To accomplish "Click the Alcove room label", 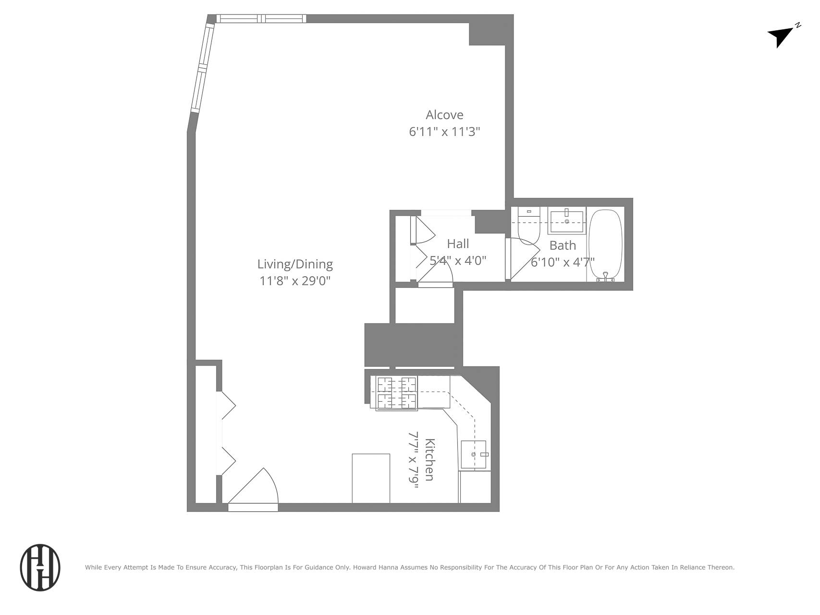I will click(x=444, y=115).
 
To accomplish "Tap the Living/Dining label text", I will click(x=295, y=264).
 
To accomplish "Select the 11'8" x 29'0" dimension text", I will click(x=295, y=281).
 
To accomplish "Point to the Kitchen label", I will click(x=430, y=459).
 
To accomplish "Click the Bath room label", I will click(x=563, y=246).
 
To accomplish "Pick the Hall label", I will click(x=458, y=244).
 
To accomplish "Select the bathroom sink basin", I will click(x=567, y=221).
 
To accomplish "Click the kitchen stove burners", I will click(x=396, y=393).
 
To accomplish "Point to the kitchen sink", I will click(x=474, y=454).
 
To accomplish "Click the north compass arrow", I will click(x=781, y=36).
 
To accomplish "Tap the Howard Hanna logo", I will click(x=40, y=567).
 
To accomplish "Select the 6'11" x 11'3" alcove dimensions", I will click(x=444, y=132).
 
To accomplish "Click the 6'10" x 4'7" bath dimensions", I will click(x=563, y=262).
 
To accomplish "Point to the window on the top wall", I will click(x=261, y=19).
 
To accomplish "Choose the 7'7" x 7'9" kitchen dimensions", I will click(x=414, y=459).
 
